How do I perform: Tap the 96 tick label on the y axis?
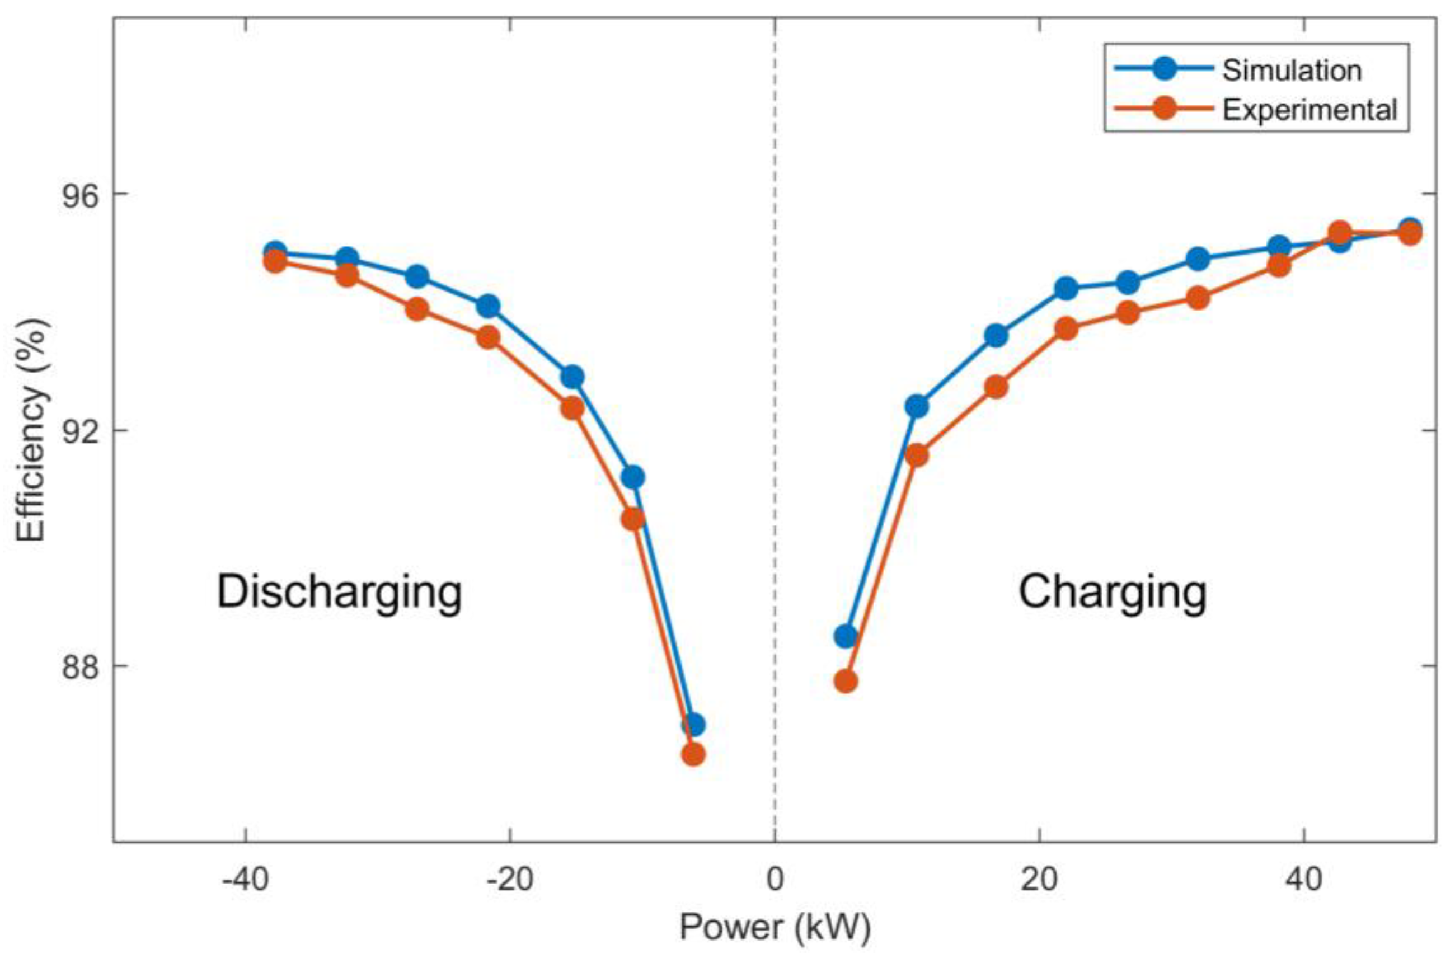tap(81, 194)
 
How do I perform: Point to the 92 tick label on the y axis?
tap(81, 430)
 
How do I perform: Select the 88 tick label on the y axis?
tap(81, 666)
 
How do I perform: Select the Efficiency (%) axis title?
tap(31, 430)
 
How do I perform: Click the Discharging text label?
tap(340, 592)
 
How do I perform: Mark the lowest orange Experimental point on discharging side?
tap(693, 754)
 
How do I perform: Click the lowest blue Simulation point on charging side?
tap(846, 636)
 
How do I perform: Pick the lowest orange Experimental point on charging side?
tap(846, 681)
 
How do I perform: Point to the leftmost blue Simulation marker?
tap(275, 252)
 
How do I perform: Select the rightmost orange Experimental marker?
tap(1410, 233)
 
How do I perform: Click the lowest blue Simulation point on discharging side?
tap(693, 725)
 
